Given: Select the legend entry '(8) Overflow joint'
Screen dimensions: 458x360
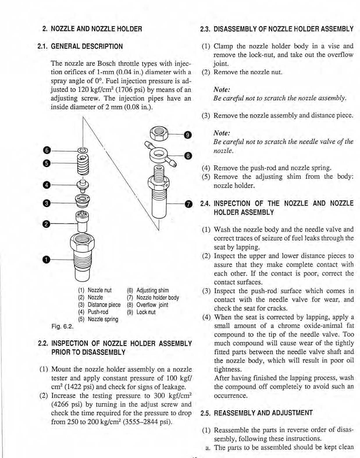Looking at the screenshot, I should coord(147,305).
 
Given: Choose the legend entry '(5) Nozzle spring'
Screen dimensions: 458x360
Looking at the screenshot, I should coord(98,319).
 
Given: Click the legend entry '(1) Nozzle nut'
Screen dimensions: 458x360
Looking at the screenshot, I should coord(95,290).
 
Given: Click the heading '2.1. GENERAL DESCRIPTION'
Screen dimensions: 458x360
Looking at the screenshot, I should coord(80,46).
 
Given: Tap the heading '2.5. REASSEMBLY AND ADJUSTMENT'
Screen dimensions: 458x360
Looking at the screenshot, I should coord(256,413).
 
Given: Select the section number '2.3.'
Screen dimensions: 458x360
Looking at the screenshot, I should coord(206,29).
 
